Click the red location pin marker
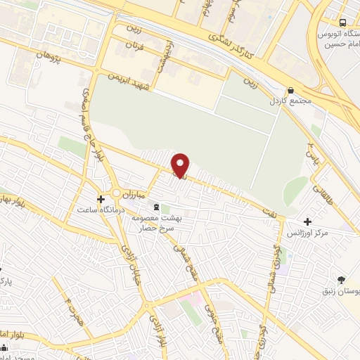(x=181, y=165)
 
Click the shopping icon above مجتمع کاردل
(x=290, y=90)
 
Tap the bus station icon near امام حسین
(x=342, y=22)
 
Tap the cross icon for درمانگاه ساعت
(x=102, y=200)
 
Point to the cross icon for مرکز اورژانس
(x=308, y=221)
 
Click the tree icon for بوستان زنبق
(x=341, y=280)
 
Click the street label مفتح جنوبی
(x=209, y=316)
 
